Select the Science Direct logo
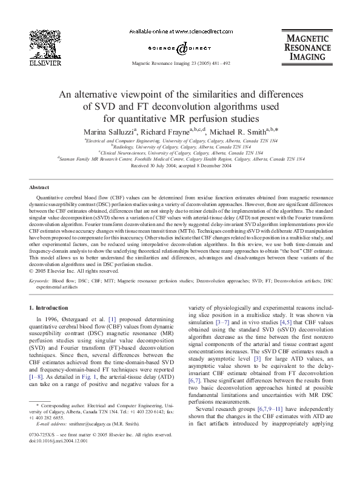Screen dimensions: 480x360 (179, 47)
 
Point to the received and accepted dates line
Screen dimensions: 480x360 (180, 165)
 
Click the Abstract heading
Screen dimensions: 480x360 (39, 188)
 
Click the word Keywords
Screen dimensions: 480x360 (39, 281)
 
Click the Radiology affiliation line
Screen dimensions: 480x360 (180, 146)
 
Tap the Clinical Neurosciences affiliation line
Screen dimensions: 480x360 (180, 153)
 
